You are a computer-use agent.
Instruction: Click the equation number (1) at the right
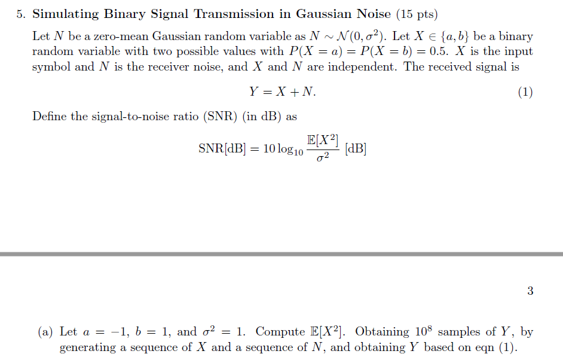525,92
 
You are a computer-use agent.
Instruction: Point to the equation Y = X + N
282,92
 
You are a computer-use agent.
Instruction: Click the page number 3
530,291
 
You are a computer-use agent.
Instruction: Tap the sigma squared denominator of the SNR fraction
323,158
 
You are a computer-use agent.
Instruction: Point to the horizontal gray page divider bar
281,254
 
